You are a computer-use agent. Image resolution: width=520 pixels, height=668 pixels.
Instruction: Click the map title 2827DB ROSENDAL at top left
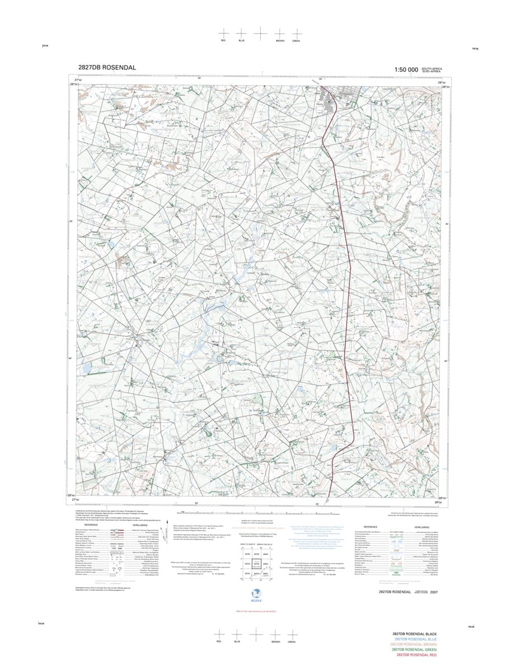point(106,68)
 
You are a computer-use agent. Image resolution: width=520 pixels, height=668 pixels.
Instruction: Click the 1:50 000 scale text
point(406,70)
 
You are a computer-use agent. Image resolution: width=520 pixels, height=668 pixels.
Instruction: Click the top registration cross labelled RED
point(223,34)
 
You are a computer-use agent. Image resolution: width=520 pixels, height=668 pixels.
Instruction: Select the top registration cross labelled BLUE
point(241,34)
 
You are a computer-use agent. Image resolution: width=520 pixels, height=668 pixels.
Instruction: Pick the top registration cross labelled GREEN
point(297,34)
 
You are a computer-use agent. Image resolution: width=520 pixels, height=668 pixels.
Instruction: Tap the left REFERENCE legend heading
point(91,525)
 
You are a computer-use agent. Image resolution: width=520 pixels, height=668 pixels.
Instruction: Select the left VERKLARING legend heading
point(140,525)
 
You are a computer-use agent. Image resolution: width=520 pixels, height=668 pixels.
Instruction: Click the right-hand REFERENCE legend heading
point(371,526)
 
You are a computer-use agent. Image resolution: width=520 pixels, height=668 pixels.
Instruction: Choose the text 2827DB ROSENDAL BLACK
point(415,634)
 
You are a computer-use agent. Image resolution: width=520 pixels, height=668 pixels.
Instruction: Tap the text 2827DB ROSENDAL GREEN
point(415,650)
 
